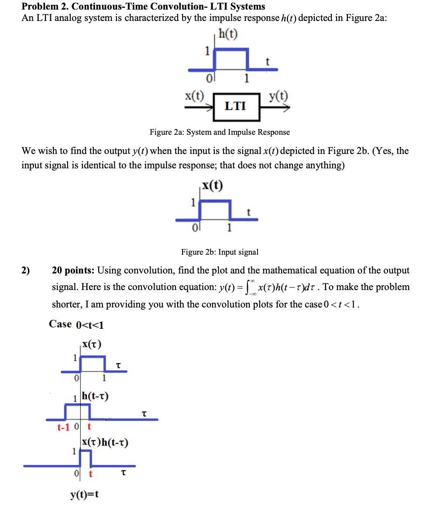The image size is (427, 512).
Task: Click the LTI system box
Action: tap(236, 106)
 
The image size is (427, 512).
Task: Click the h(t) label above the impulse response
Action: tap(228, 34)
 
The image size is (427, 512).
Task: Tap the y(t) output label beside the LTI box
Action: tap(278, 96)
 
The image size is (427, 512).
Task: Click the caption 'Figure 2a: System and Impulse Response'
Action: tap(220, 132)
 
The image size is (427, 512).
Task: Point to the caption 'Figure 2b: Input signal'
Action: tap(220, 252)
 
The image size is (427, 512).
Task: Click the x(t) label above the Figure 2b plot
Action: tap(213, 186)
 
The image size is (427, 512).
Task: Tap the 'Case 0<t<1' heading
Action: tap(76, 324)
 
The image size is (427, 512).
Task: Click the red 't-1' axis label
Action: tap(64, 427)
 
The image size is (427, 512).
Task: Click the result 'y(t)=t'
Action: tap(84, 495)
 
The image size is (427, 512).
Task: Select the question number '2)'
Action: tap(26, 270)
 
